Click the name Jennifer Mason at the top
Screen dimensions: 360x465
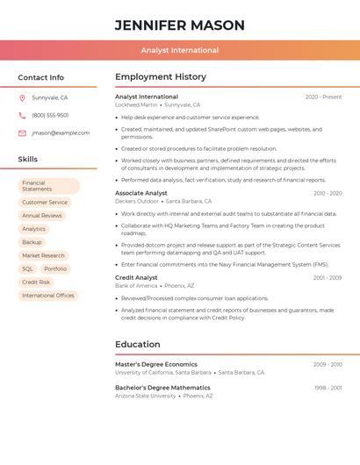[180, 25]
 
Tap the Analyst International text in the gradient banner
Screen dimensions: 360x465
[180, 50]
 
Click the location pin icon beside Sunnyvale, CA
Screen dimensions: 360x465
[22, 98]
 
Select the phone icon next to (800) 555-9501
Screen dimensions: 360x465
[22, 115]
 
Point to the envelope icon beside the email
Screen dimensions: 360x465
[22, 133]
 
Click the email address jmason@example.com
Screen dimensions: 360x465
[61, 133]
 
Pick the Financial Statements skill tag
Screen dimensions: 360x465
[49, 186]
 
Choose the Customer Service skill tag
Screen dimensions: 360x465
[45, 203]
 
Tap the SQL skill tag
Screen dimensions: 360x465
[27, 269]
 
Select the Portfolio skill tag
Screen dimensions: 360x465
[55, 269]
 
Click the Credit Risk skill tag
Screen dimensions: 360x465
[36, 283]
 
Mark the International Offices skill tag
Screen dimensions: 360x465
[48, 296]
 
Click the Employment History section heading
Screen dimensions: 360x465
[161, 77]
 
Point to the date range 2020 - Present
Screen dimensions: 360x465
[323, 97]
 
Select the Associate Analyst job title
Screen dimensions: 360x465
[141, 193]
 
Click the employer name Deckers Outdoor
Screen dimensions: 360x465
[137, 201]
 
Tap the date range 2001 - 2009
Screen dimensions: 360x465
[327, 278]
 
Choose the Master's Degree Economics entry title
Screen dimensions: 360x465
[156, 364]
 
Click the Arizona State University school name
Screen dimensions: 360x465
[146, 396]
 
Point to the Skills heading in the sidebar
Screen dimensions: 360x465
[28, 160]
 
